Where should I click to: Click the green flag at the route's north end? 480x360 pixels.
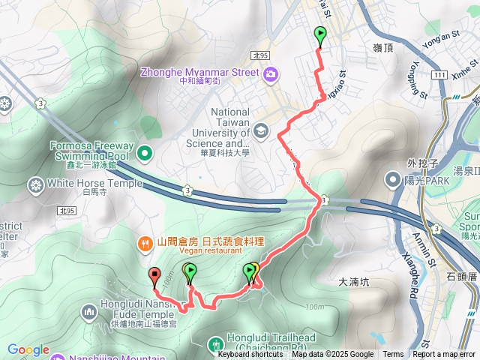coord(320,34)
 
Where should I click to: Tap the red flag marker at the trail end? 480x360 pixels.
coord(154,276)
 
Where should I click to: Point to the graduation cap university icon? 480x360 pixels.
coord(259,130)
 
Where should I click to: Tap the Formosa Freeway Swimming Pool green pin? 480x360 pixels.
coord(145,155)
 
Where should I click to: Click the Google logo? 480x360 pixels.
coord(28,349)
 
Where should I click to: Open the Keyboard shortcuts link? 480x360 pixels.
coord(250,355)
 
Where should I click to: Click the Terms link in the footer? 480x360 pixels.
coord(393,355)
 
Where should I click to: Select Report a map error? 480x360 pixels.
coord(445,355)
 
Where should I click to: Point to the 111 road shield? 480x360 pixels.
coord(440,75)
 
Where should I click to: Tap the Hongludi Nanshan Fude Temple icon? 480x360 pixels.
coord(89,310)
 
